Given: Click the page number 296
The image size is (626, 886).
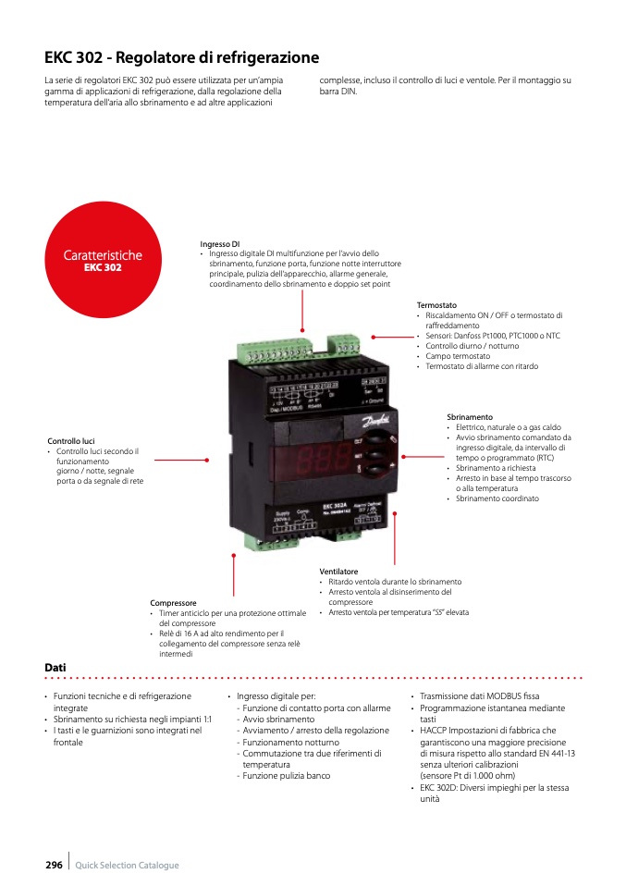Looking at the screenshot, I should pyautogui.click(x=54, y=865).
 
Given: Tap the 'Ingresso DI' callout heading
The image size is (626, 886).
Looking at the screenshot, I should pyautogui.click(x=220, y=244).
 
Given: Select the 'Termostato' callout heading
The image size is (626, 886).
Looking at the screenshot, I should pyautogui.click(x=436, y=305).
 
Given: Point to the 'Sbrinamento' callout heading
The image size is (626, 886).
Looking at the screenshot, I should pyautogui.click(x=470, y=417).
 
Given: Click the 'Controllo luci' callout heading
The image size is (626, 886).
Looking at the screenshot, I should pyautogui.click(x=71, y=441).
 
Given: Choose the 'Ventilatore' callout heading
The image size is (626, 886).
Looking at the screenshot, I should pyautogui.click(x=338, y=572).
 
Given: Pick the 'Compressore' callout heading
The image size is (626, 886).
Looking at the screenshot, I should pyautogui.click(x=173, y=603).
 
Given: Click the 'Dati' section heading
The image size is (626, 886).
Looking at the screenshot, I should pyautogui.click(x=55, y=667).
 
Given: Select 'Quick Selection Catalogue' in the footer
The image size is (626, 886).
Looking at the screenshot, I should pyautogui.click(x=127, y=866).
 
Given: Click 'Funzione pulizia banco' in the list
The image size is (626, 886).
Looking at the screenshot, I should pyautogui.click(x=286, y=776).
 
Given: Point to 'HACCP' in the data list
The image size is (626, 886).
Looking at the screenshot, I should pyautogui.click(x=435, y=731).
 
